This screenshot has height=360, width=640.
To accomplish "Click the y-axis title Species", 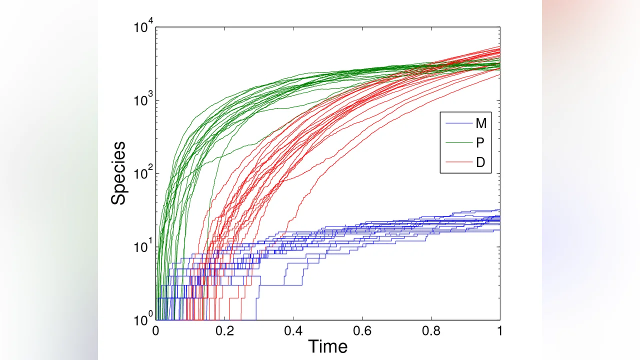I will tap(118, 173).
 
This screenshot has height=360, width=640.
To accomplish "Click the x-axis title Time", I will tap(327, 346).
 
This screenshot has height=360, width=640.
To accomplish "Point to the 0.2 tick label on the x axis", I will tap(224, 331).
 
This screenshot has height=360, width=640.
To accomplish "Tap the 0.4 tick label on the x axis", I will tap(293, 331).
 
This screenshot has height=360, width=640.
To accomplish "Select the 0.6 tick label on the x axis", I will tap(362, 331).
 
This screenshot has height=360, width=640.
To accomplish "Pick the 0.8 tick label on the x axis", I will tap(431, 331).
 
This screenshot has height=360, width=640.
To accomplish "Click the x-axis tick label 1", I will tap(499, 331).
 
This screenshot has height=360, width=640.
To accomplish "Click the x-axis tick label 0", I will tap(156, 331).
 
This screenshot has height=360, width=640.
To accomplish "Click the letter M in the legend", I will tap(480, 123).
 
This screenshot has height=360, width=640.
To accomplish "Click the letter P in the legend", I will tap(480, 143).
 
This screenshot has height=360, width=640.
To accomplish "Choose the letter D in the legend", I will tap(480, 162).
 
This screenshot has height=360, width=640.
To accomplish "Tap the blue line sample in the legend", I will tap(457, 123).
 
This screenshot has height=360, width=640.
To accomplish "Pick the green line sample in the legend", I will tap(457, 143).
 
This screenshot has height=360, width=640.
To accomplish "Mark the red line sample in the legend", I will tap(457, 162).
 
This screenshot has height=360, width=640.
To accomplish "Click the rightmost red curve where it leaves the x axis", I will tap(241, 318).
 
